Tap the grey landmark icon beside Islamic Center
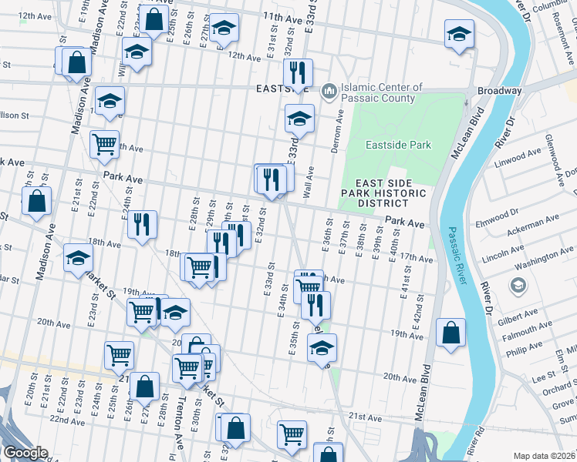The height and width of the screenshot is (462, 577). click(329, 92)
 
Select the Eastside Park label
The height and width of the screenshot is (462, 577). click(398, 145)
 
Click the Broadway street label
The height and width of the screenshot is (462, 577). click(499, 91)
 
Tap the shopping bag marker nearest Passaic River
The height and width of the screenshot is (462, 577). click(451, 333)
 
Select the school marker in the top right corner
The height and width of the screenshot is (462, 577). click(459, 35)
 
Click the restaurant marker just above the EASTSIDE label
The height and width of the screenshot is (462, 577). click(297, 73)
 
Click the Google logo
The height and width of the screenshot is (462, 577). click(25, 453)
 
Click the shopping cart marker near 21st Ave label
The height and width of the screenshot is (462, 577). click(292, 434)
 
